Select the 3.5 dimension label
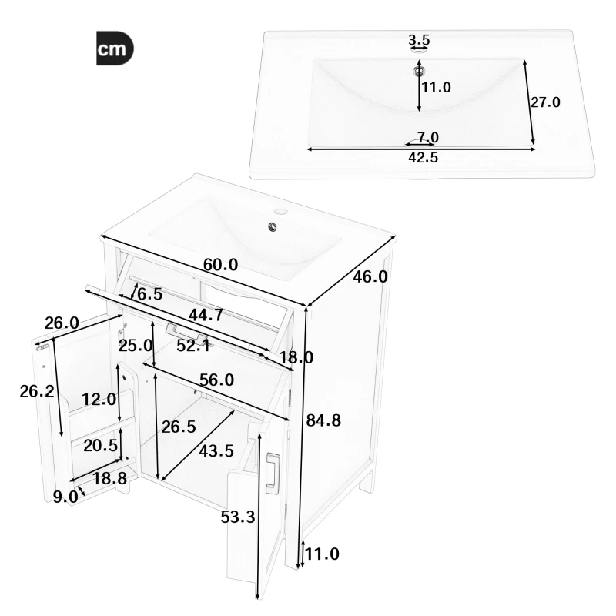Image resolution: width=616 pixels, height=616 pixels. click(419, 39)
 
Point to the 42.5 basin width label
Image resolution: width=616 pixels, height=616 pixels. click(423, 158)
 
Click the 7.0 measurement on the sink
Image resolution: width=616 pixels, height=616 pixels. click(427, 138)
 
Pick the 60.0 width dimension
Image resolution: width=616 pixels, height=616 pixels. click(220, 265)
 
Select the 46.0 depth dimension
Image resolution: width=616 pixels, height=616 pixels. click(370, 276)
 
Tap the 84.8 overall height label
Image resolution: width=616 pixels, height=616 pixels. click(323, 420)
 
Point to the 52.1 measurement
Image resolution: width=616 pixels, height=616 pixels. click(194, 346)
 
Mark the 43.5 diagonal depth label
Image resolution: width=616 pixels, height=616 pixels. click(216, 451)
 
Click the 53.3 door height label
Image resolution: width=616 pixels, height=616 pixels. click(237, 517)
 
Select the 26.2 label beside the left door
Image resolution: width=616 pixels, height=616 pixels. click(36, 391)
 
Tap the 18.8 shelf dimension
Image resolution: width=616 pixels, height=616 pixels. click(109, 479)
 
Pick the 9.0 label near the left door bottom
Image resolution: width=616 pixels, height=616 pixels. click(65, 497)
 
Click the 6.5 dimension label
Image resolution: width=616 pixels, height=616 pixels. click(149, 293)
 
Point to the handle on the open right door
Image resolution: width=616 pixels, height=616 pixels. click(272, 473)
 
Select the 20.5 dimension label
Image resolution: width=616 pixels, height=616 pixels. click(100, 447)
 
